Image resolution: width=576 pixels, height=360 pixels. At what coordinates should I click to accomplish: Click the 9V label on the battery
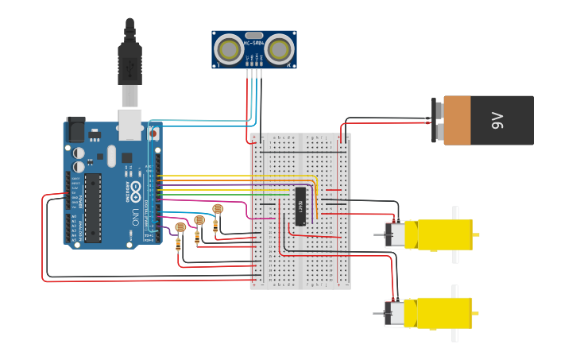coord(498,121)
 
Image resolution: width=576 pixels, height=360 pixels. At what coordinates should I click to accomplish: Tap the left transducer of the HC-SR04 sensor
coord(229,50)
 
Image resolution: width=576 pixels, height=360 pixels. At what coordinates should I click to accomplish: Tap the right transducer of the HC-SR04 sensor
coord(278,50)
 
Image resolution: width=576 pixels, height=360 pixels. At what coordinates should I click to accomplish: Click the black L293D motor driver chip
coord(300,207)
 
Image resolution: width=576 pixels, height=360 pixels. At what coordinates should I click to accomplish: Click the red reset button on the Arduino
coord(153,134)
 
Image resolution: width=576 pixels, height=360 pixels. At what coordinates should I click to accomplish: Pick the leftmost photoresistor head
coord(180,227)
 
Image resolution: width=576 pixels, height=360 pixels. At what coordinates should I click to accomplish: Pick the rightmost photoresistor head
coord(218,209)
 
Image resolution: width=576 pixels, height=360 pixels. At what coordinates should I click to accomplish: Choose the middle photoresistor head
coord(199,219)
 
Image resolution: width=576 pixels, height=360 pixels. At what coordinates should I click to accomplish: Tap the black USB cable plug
coord(130,64)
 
